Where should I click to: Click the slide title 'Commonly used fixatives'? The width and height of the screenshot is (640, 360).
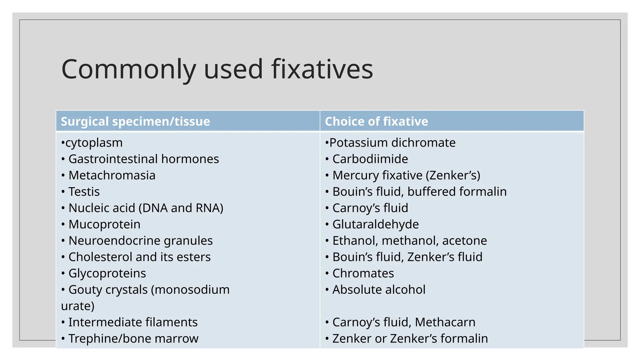pyautogui.click(x=217, y=69)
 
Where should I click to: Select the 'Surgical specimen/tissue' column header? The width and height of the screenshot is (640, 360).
pyautogui.click(x=135, y=121)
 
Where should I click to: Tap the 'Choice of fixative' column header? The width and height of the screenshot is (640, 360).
pyautogui.click(x=376, y=121)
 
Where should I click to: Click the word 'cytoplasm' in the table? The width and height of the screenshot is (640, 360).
pyautogui.click(x=94, y=143)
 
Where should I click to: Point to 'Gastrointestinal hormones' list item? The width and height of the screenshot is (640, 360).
pyautogui.click(x=143, y=159)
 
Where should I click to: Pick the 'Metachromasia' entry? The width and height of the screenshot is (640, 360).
pyautogui.click(x=112, y=175)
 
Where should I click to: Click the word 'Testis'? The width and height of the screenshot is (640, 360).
pyautogui.click(x=84, y=192)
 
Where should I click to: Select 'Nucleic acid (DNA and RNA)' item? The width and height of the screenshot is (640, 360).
pyautogui.click(x=146, y=208)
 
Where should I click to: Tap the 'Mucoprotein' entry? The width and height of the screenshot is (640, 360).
pyautogui.click(x=104, y=224)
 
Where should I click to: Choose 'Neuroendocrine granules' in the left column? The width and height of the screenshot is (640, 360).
pyautogui.click(x=140, y=241)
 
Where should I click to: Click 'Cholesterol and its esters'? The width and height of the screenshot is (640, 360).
pyautogui.click(x=139, y=257)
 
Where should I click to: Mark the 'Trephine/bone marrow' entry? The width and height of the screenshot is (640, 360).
pyautogui.click(x=133, y=338)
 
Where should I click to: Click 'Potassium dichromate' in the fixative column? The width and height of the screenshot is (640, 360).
pyautogui.click(x=392, y=143)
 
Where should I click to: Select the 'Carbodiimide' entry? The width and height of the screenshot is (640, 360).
pyautogui.click(x=370, y=159)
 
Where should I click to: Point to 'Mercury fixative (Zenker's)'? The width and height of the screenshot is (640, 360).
pyautogui.click(x=406, y=175)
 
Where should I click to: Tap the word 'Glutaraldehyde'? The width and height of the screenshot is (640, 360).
pyautogui.click(x=375, y=224)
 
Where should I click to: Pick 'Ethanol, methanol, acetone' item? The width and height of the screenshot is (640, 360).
pyautogui.click(x=409, y=241)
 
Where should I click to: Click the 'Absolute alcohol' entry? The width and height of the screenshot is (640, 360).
pyautogui.click(x=379, y=290)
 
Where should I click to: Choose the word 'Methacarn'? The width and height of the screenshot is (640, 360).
pyautogui.click(x=445, y=322)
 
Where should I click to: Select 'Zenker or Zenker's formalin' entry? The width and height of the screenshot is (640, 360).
pyautogui.click(x=410, y=338)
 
